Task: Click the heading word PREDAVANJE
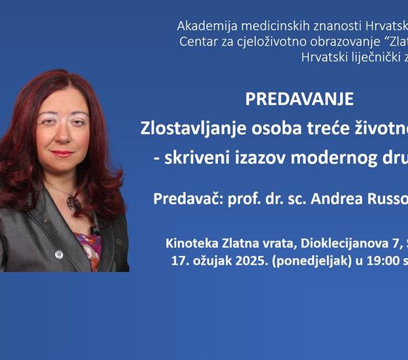pos(299,99)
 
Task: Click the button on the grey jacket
pos(59,255)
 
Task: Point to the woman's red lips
pos(63,153)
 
